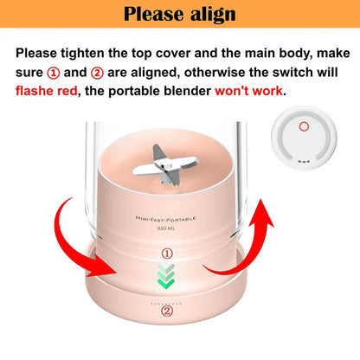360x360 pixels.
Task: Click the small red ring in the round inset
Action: coord(303,127)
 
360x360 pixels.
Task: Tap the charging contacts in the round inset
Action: coord(303,160)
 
